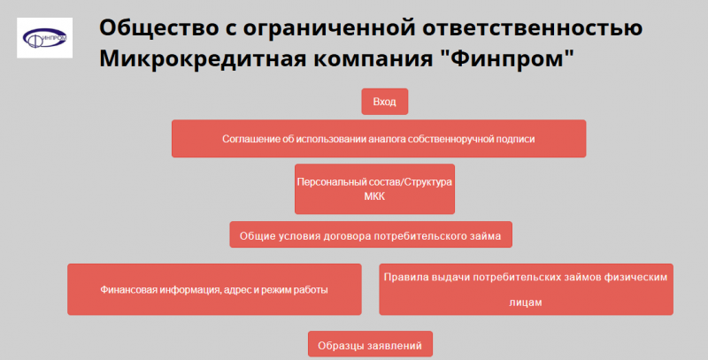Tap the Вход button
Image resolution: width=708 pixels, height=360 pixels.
(384, 103)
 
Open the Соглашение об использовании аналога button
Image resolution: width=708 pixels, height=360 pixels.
(378, 139)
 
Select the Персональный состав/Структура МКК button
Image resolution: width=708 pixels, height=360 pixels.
(374, 188)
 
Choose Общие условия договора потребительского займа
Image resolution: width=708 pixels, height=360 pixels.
(371, 235)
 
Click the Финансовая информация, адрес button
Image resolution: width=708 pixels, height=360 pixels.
(214, 289)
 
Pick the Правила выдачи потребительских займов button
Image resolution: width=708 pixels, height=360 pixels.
(526, 289)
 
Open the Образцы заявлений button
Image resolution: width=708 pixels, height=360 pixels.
(370, 345)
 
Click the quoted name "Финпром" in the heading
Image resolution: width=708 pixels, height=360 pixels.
(507, 60)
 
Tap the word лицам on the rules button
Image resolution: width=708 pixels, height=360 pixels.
(526, 302)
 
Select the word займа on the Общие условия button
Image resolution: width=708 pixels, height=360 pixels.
(486, 235)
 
